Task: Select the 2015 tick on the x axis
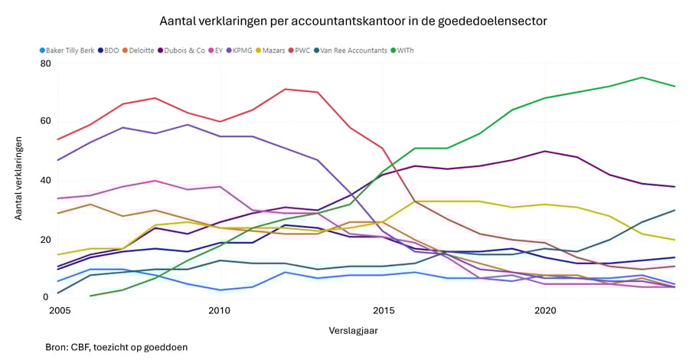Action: coord(382,311)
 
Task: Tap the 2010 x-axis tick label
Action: coord(219,311)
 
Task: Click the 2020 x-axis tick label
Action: coord(545,311)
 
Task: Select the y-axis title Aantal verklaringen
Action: coord(18,181)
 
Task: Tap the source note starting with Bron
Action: coord(116,347)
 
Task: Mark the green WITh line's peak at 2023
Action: coord(642,77)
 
